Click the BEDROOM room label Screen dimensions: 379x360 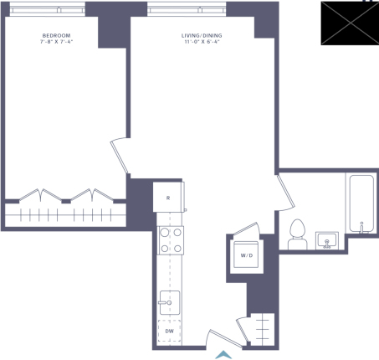pos(56,35)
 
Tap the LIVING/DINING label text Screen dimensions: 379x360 pos(202,35)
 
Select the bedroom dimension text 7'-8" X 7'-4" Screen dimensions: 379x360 pos(56,42)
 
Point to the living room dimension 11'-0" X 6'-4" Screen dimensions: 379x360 pos(202,42)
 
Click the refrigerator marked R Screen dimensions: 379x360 pos(168,198)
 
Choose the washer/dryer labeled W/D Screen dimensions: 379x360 pos(247,255)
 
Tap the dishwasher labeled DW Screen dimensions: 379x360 pos(169,331)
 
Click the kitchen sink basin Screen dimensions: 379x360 pos(170,302)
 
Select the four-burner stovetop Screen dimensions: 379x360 pos(171,240)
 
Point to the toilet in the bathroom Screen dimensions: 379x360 pos(297,234)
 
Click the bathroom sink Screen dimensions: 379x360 pos(327,240)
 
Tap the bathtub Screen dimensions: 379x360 pos(361,203)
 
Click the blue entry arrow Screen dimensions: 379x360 pos(223,355)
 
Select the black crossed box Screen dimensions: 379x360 pos(350,23)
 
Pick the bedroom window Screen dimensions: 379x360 pos(48,10)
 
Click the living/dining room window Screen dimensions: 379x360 pos(187,10)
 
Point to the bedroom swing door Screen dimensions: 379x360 pos(119,157)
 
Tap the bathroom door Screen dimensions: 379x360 pos(285,193)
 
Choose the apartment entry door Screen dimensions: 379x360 pos(225,338)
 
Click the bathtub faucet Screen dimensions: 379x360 pos(361,227)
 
